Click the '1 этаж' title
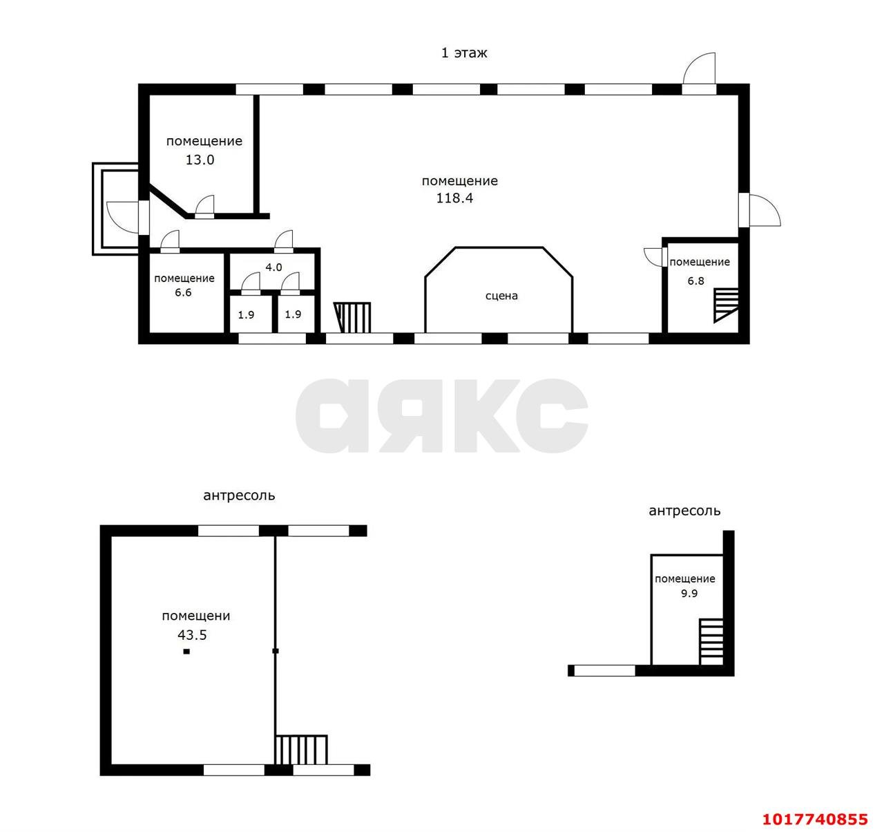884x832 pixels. click(x=464, y=53)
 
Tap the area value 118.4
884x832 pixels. click(x=454, y=198)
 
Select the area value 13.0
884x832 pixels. click(x=200, y=160)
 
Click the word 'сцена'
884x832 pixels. click(x=501, y=296)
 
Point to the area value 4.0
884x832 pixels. click(x=273, y=267)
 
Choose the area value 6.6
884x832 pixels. click(x=183, y=292)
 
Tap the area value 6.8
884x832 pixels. click(x=695, y=281)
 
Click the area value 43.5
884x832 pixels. click(x=192, y=635)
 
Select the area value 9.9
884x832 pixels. click(x=689, y=594)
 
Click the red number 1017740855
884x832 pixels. click(x=816, y=819)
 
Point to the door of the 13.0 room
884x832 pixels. click(x=204, y=207)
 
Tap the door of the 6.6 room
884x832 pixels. click(x=170, y=242)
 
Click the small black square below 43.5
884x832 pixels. click(x=186, y=652)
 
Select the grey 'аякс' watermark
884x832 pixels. click(x=441, y=416)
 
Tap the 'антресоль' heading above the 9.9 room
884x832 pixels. click(x=684, y=511)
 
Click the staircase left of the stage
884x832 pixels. click(x=352, y=318)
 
